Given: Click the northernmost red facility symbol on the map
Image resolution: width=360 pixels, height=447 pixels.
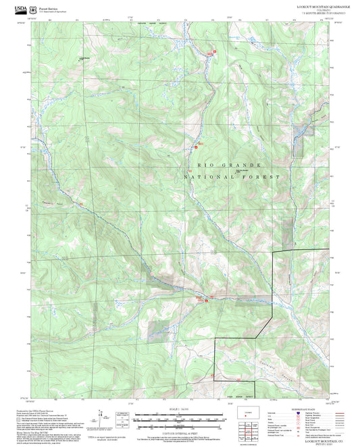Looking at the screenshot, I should pyautogui.click(x=215, y=52).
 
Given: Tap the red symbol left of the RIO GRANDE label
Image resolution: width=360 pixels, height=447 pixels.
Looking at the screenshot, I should pyautogui.click(x=196, y=147).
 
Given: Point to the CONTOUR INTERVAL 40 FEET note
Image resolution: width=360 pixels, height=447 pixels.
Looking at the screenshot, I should pyautogui.click(x=179, y=430).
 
